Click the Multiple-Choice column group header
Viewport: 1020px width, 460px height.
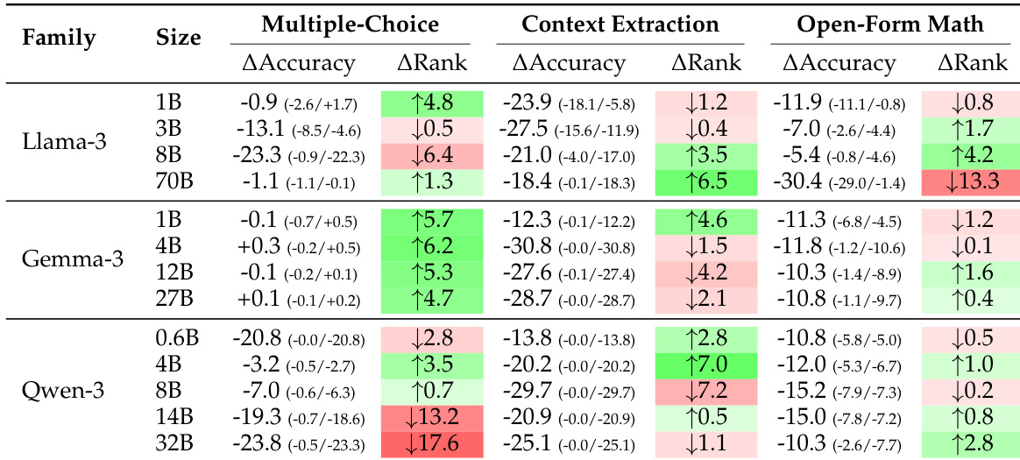[x=351, y=25]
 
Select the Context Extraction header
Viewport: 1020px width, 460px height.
[x=620, y=25]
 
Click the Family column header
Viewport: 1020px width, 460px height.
[x=59, y=38]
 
